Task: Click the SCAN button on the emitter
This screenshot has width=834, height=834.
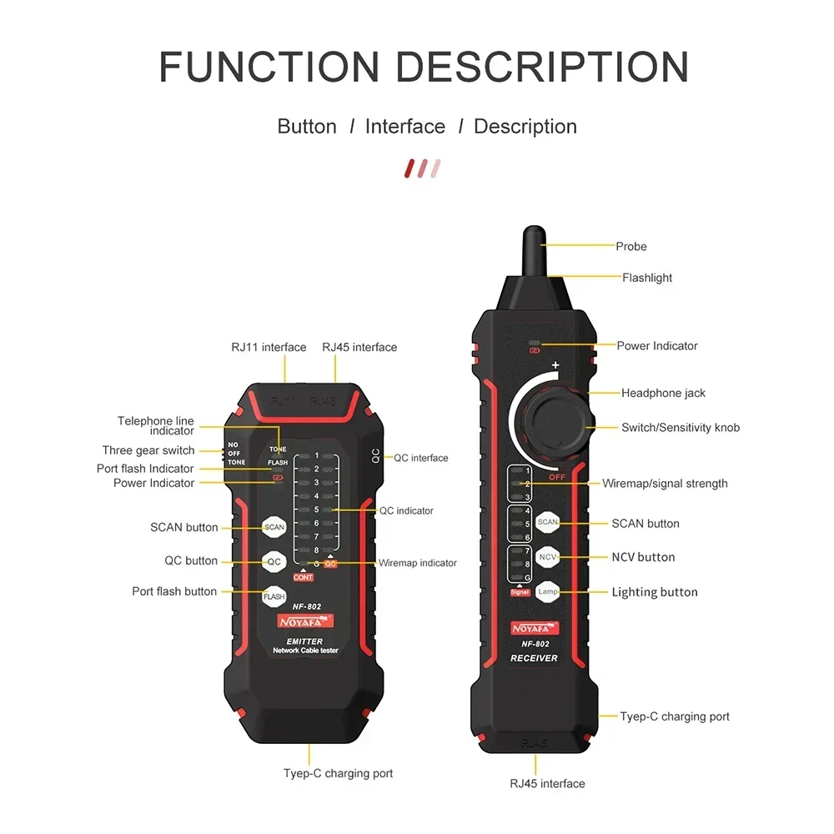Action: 274,527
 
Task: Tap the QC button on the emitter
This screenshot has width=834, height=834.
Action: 274,561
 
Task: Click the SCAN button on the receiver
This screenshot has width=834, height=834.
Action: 547,522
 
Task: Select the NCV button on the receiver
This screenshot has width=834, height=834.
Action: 547,556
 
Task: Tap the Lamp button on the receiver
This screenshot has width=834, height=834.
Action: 547,590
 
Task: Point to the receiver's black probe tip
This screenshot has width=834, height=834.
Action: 534,250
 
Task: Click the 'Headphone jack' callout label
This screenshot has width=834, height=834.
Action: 663,393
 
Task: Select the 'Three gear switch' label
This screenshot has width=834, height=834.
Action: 148,450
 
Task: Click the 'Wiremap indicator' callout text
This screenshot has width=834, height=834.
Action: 417,563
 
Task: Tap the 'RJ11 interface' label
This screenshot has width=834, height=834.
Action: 269,347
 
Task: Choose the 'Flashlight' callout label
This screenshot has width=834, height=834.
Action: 647,278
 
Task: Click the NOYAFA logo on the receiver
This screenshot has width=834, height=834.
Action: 534,627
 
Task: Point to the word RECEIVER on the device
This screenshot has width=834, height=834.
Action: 534,658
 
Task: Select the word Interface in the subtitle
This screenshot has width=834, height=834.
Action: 405,127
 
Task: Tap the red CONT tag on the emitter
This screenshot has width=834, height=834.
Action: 303,577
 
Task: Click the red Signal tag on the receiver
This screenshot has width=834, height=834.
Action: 520,592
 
